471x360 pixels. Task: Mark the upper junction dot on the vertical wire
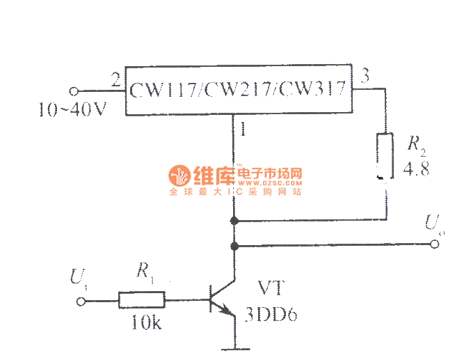tap(234, 221)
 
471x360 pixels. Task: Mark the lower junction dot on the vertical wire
tap(234, 245)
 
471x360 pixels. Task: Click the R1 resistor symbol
tap(141, 301)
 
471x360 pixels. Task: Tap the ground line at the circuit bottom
tap(235, 347)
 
